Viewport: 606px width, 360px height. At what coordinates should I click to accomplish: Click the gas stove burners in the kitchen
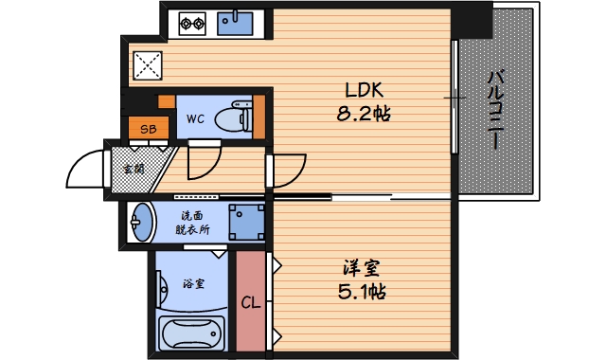coord(192,24)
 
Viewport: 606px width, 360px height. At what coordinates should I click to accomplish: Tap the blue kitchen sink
coord(235,24)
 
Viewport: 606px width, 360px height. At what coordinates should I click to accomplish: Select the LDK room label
coord(364,91)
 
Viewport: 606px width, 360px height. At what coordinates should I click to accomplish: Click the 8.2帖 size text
coord(364,114)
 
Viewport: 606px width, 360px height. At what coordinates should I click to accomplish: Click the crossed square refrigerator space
coord(148,65)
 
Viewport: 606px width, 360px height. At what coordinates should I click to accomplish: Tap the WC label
coord(195,119)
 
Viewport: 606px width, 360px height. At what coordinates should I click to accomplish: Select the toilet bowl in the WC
coord(233,117)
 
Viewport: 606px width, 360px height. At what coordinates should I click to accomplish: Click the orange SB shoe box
coord(149,128)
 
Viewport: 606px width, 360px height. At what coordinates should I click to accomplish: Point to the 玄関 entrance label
coord(134,169)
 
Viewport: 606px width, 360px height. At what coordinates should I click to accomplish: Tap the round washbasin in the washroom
coord(141,223)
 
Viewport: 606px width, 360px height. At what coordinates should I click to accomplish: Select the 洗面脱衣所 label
coord(192,223)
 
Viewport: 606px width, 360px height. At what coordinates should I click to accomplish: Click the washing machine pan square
coord(246,223)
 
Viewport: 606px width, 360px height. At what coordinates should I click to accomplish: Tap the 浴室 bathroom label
coord(193,284)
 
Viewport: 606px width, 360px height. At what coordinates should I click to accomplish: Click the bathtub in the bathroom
coord(192,334)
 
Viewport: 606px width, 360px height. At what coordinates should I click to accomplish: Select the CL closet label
coord(251,302)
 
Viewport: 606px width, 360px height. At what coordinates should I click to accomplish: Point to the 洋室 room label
coord(362,268)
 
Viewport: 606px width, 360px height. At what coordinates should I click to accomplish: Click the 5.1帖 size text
coord(362,292)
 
